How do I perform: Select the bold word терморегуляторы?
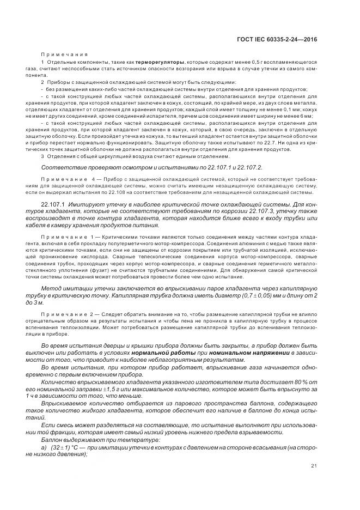pos(160,63)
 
